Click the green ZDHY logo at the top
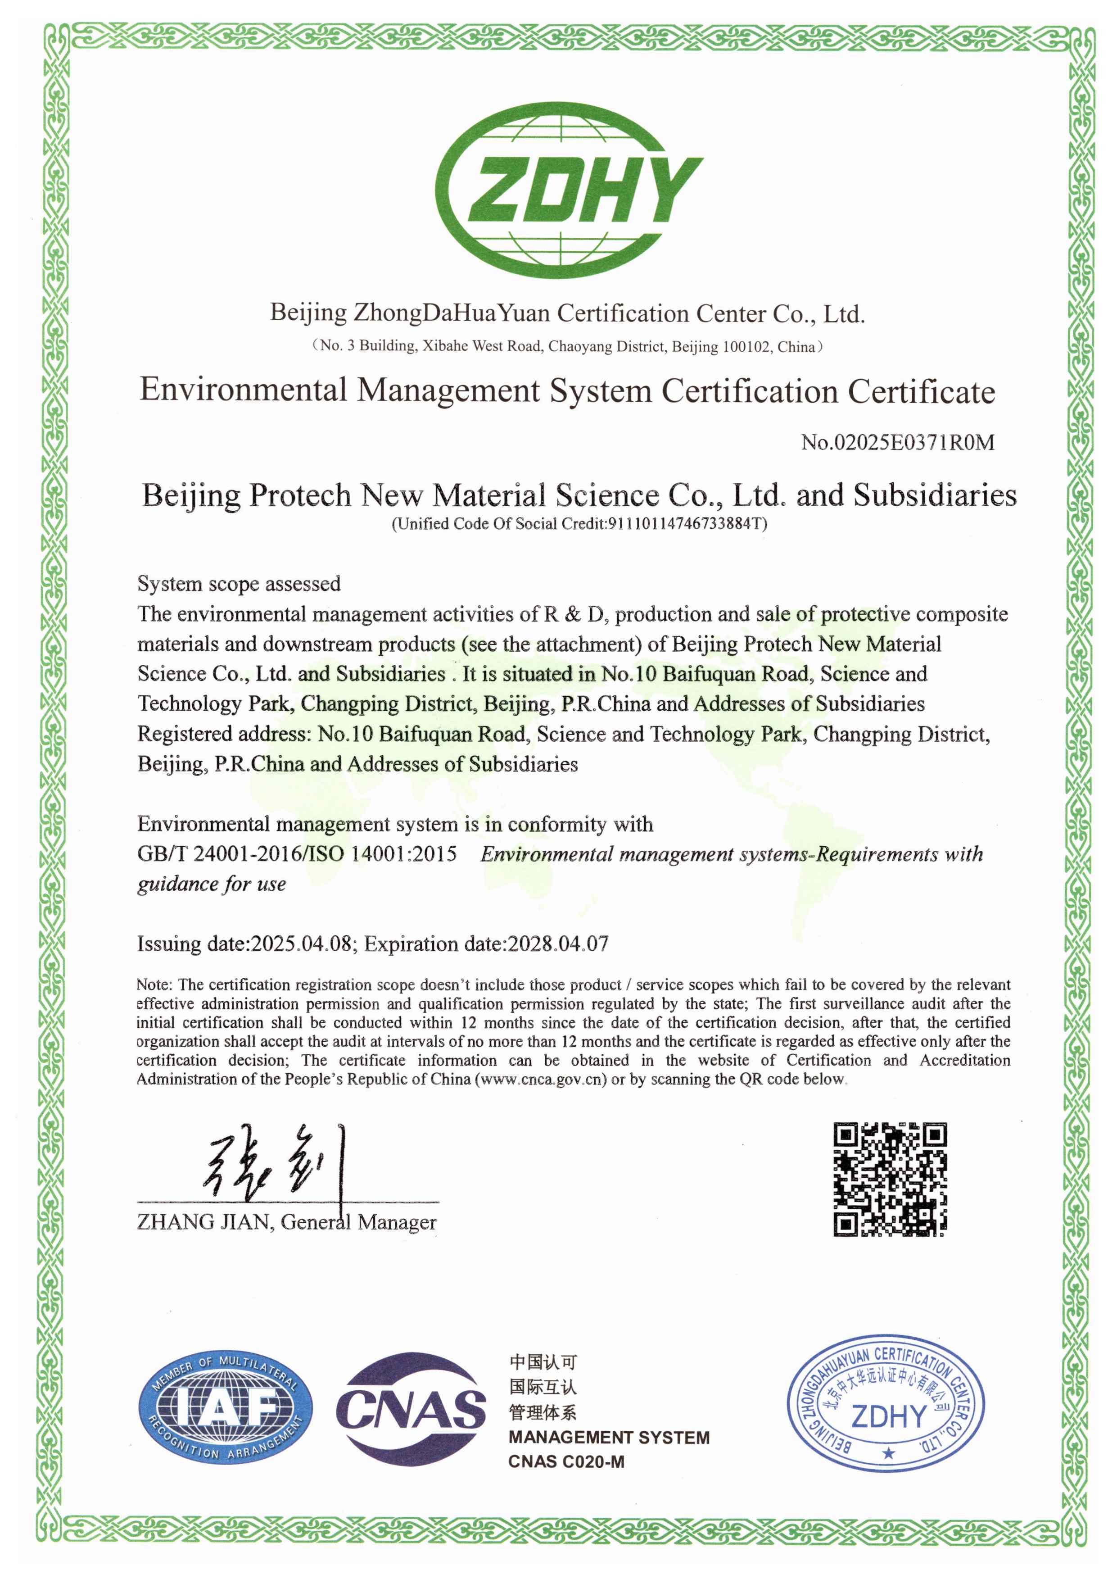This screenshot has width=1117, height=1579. pos(569,191)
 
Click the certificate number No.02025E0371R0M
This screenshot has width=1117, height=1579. pos(898,442)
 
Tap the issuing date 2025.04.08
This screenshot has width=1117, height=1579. pos(301,943)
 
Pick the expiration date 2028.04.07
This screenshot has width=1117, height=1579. pos(558,943)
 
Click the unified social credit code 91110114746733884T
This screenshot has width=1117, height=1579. pos(685,524)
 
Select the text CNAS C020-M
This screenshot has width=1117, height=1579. pos(566,1461)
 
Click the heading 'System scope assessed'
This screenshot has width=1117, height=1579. pos(239,583)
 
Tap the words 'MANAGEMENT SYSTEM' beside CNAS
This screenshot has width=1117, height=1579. pos(609,1437)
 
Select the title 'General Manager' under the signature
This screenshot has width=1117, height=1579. pos(358,1222)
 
